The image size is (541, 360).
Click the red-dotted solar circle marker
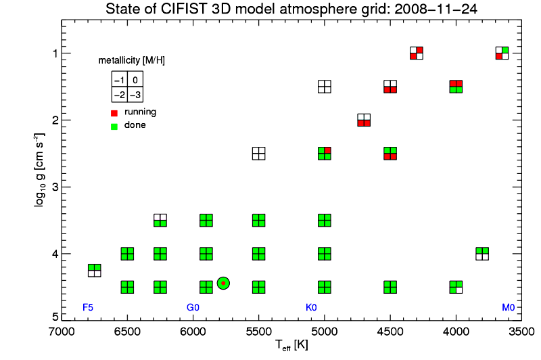223,283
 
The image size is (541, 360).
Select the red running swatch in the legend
115,112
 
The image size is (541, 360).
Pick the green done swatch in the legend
115,125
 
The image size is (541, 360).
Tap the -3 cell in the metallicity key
135,94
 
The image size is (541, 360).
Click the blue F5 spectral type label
88,307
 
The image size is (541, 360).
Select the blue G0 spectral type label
193,307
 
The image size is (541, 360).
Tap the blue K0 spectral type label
311,307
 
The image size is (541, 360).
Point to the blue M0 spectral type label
508,307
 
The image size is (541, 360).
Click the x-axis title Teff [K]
291,345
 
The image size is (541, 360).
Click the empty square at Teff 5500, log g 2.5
258,153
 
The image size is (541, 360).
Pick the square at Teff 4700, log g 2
364,120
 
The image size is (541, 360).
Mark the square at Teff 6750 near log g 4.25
94,271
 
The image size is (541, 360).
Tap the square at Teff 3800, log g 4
482,254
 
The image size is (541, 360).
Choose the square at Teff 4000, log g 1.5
456,86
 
